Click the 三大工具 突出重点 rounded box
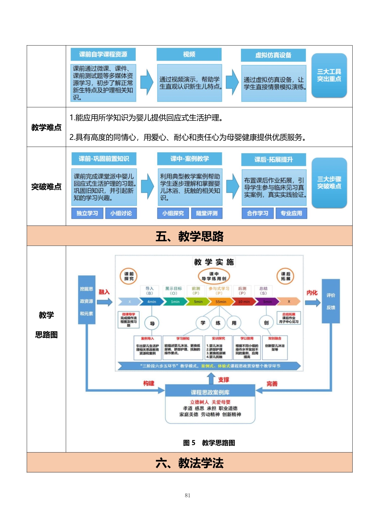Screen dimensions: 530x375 click(329, 75)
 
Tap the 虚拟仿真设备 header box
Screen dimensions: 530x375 click(273, 55)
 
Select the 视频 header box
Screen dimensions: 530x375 click(189, 54)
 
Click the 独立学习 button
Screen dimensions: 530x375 click(87, 213)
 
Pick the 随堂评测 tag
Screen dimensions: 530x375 click(207, 213)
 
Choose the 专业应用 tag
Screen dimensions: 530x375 click(291, 213)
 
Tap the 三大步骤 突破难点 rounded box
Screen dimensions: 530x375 click(329, 183)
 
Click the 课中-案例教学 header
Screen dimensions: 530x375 click(190, 159)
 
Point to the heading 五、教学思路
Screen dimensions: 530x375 click(189, 236)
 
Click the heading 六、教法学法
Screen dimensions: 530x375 click(189, 463)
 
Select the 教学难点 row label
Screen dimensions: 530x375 click(46, 127)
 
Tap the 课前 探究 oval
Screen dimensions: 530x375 click(129, 276)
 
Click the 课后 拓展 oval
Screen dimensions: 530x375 click(285, 276)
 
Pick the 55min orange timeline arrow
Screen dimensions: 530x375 click(220, 301)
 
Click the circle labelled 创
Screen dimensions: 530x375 click(266, 323)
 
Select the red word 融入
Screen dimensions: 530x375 click(104, 292)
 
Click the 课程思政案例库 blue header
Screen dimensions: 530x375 click(210, 392)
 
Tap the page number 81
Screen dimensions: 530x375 click(187, 495)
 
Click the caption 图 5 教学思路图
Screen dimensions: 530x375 click(209, 443)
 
